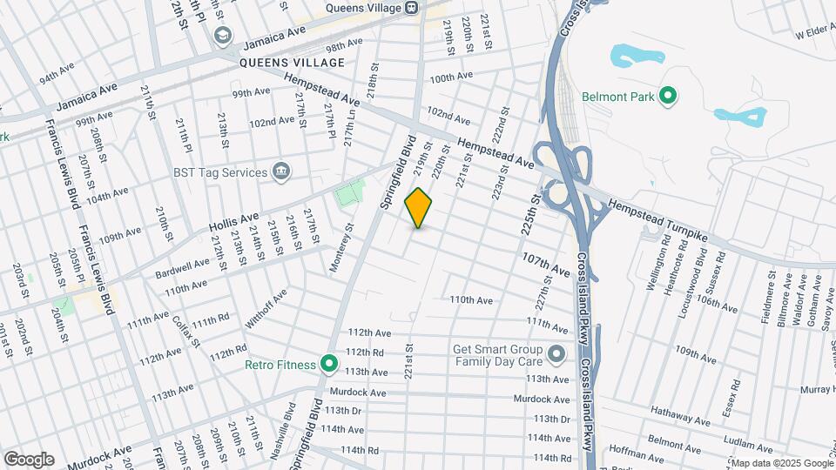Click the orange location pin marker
pyautogui.click(x=419, y=208)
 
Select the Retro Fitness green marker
pyautogui.click(x=328, y=365)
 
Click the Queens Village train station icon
pyautogui.click(x=412, y=8)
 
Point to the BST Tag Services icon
pyautogui.click(x=281, y=171)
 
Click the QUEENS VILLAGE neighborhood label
pyautogui.click(x=293, y=63)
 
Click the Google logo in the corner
pyautogui.click(x=29, y=460)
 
